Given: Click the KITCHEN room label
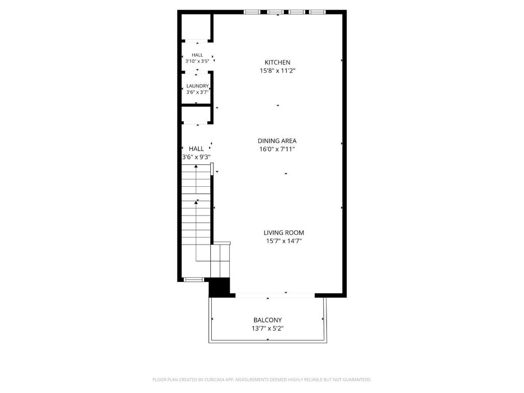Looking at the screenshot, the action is tap(277, 62).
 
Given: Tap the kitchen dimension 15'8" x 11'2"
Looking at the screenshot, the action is tap(277, 71).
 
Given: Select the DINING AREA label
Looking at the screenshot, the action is tap(277, 141).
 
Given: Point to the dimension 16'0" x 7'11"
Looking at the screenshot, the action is tap(277, 149).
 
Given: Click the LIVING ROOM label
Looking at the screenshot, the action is tap(283, 233).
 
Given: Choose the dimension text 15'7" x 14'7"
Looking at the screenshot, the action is tap(283, 241).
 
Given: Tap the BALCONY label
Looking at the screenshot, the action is tap(268, 320).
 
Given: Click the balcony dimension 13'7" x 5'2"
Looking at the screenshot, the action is tap(268, 328).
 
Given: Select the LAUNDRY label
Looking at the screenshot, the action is tap(198, 86).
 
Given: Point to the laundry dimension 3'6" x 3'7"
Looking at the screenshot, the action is tap(198, 92).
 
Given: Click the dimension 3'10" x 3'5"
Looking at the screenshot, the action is tap(197, 61).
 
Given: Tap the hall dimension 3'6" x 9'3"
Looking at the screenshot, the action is tap(196, 157).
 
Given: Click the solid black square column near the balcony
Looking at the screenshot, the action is tap(220, 287).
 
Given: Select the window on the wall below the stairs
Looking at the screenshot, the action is tap(194, 280).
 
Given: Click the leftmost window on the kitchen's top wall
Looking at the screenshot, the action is tap(252, 12).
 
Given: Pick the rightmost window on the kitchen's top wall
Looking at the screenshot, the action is tap(317, 12).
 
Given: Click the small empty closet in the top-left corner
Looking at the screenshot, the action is tap(196, 27).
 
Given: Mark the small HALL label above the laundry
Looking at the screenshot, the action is tap(197, 55).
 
